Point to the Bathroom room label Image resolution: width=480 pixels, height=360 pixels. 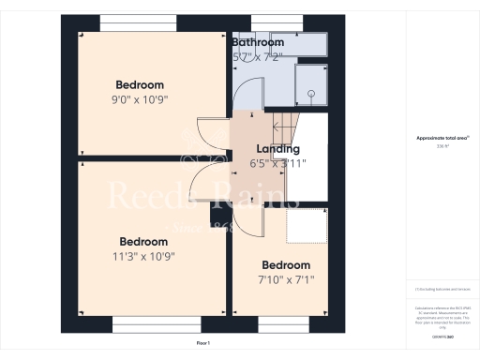point(258,42)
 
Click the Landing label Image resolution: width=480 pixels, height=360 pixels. point(278,148)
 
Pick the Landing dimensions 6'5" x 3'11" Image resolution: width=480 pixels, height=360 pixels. point(278,163)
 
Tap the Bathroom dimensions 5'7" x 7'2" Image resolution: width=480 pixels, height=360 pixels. point(257,57)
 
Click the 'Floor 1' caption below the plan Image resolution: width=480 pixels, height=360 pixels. point(203,344)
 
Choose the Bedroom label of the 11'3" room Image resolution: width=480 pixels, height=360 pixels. point(143,240)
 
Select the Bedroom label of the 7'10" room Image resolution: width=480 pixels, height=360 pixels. point(285,264)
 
